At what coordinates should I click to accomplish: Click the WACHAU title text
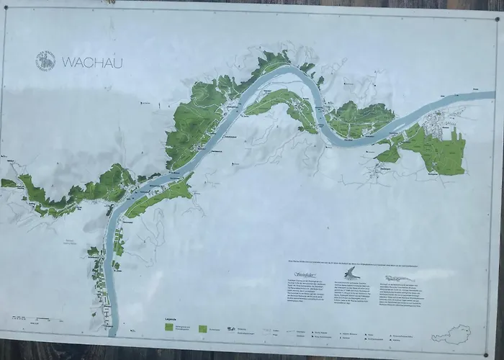pyautogui.click(x=92, y=63)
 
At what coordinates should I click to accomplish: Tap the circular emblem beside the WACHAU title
pyautogui.click(x=45, y=61)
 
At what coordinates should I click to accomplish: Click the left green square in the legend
pyautogui.click(x=168, y=326)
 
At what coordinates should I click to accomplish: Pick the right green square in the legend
pyautogui.click(x=203, y=328)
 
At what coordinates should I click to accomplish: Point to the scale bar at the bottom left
pyautogui.click(x=29, y=318)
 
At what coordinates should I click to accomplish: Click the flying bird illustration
pyautogui.click(x=351, y=273)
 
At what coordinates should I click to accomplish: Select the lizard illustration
pyautogui.click(x=402, y=277)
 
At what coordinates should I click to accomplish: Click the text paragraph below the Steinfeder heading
pyautogui.click(x=302, y=294)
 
